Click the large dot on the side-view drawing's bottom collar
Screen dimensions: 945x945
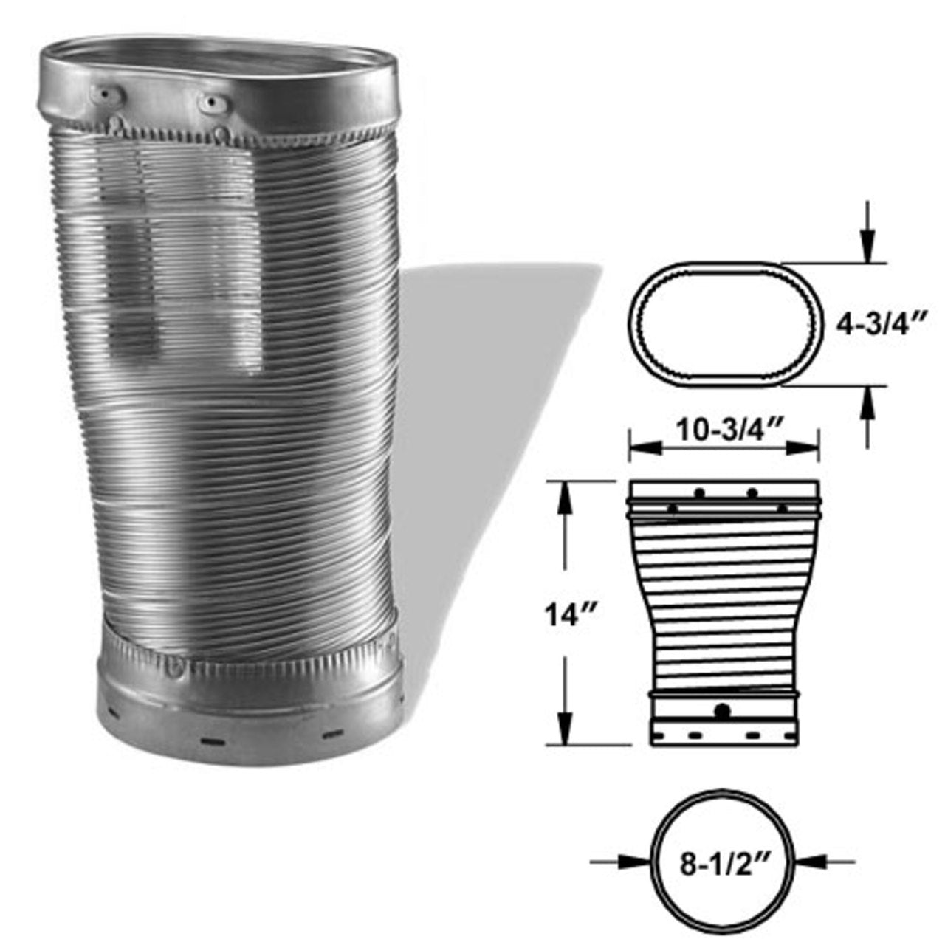[724, 711]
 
